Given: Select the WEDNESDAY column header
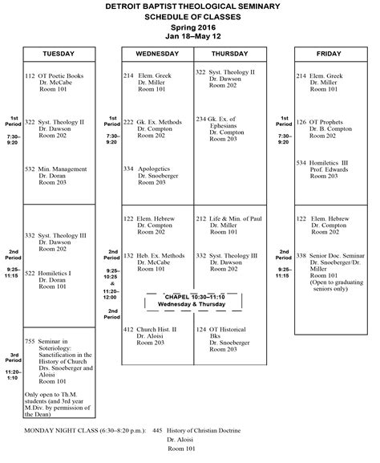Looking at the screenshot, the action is click(157, 54).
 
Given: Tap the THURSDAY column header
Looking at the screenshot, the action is click(228, 54).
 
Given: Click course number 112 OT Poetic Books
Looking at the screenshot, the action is click(54, 76).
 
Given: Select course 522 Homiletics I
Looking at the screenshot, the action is click(54, 273).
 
